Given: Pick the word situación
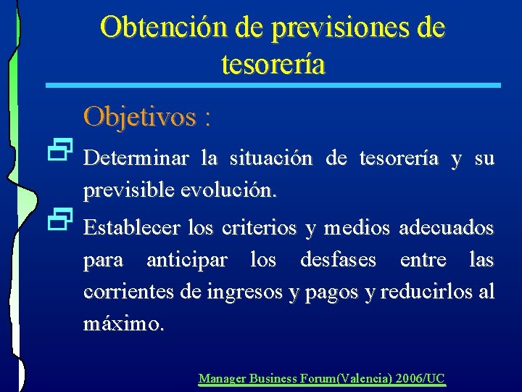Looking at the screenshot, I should click(272, 158).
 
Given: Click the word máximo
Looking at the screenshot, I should click(123, 324).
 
